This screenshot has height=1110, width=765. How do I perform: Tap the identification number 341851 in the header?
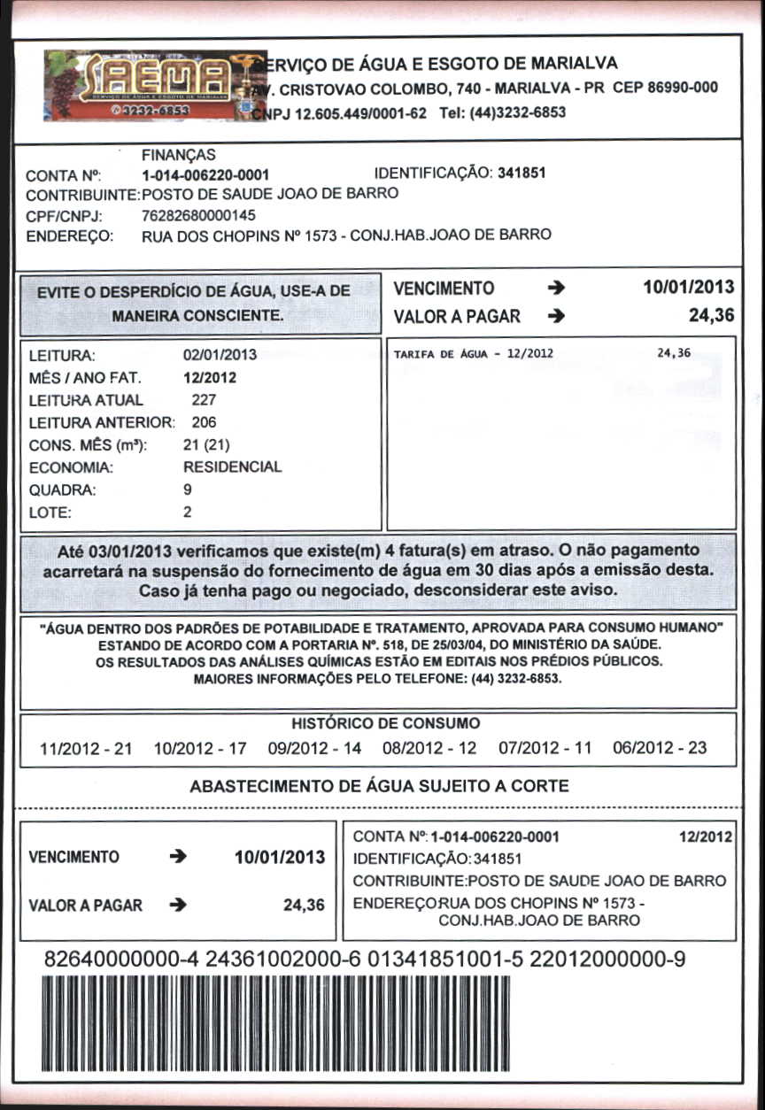[x=522, y=173]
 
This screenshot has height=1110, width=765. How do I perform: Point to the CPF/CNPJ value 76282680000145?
[x=198, y=214]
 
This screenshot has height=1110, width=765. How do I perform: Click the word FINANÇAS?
[x=179, y=155]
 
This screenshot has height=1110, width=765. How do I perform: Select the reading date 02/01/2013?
[x=220, y=355]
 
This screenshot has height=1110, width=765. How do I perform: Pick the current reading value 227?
[x=204, y=399]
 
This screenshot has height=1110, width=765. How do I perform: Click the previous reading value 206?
[x=204, y=422]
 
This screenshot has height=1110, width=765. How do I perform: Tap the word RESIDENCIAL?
[x=232, y=466]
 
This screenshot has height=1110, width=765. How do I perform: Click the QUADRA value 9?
[x=188, y=489]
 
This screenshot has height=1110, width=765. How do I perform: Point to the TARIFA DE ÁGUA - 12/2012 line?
[x=473, y=353]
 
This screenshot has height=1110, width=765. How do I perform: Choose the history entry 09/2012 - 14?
[x=314, y=748]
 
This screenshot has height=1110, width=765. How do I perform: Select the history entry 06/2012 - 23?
[x=660, y=748]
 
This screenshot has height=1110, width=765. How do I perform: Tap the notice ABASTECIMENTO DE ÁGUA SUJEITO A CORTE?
[x=380, y=785]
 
